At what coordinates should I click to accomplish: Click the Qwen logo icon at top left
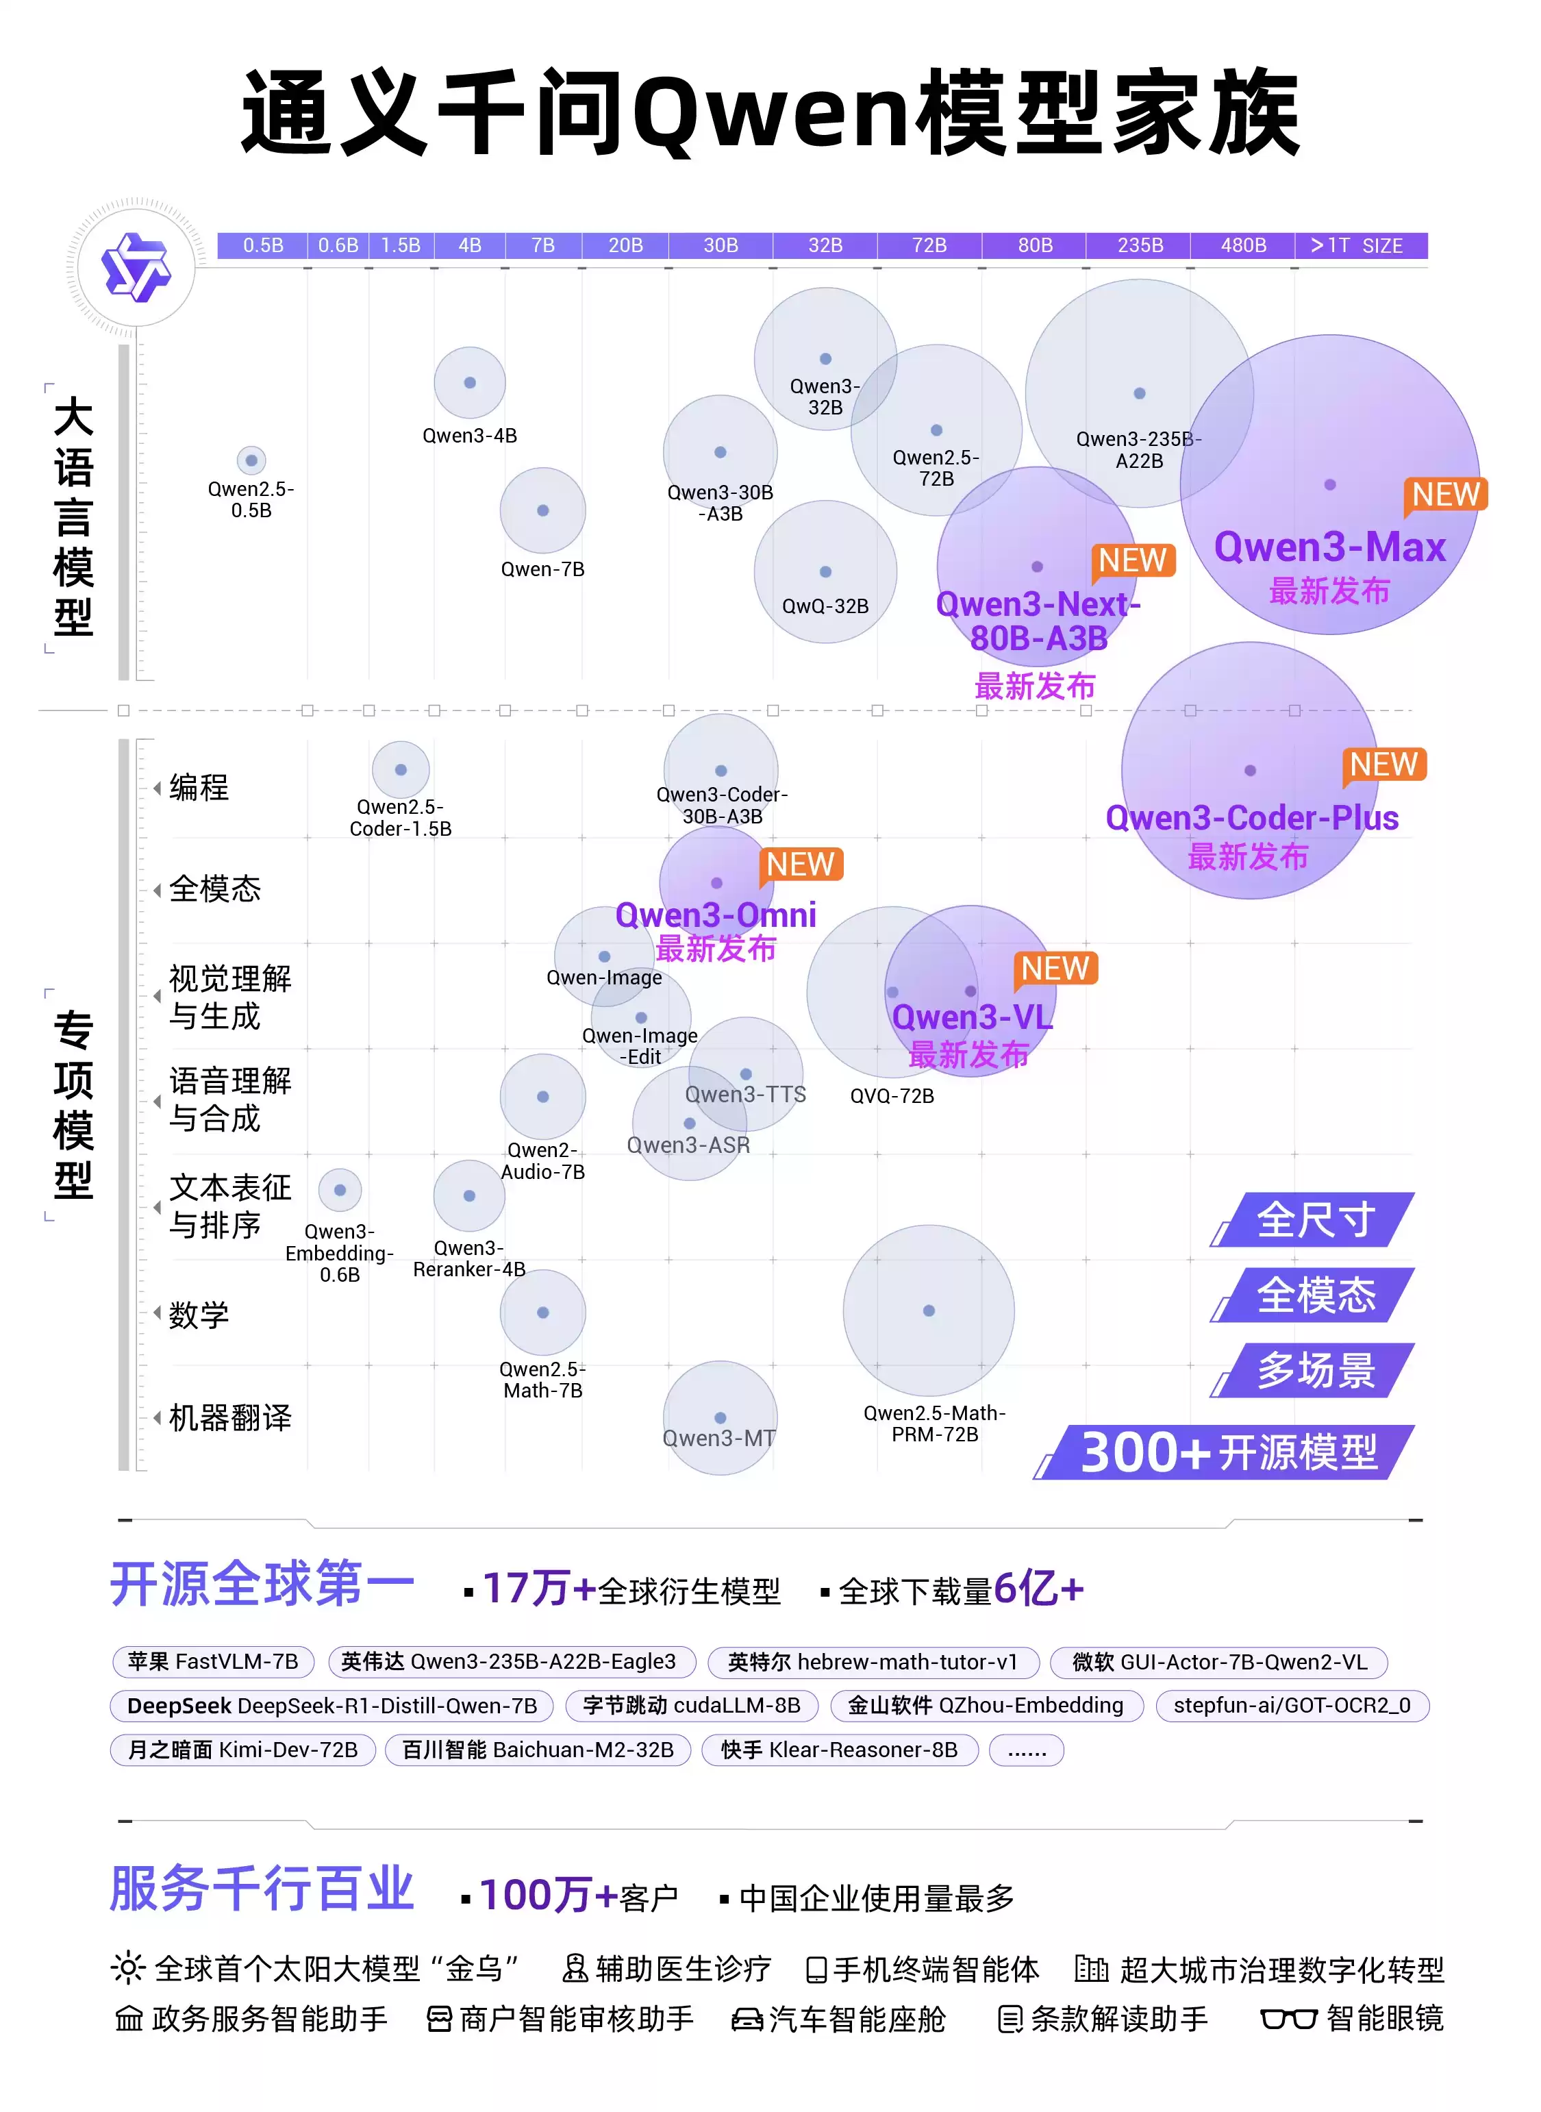(x=136, y=266)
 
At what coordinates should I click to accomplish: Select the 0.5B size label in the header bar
(x=263, y=245)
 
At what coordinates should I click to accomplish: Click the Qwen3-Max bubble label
(x=1329, y=547)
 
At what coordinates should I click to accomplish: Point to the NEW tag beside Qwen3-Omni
(x=801, y=865)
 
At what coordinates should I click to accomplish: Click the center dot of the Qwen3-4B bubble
(x=470, y=382)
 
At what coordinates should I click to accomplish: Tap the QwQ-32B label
(x=825, y=606)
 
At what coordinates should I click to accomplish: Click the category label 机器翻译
(x=229, y=1418)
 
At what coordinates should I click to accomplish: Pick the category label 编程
(x=199, y=787)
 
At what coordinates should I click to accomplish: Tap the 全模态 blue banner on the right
(x=1315, y=1295)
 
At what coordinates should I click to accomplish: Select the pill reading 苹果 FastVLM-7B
(x=213, y=1661)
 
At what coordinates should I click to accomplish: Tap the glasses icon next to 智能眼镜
(x=1288, y=2019)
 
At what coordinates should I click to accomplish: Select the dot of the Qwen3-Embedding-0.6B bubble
(x=340, y=1191)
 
